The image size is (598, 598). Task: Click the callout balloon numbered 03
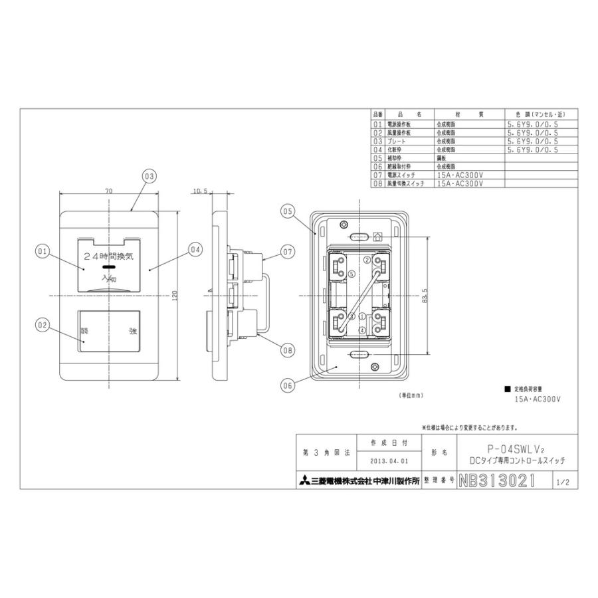(x=148, y=176)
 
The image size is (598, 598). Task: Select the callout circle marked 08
(x=287, y=349)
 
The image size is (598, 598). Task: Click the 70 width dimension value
(x=108, y=191)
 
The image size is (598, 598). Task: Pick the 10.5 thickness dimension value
(x=200, y=191)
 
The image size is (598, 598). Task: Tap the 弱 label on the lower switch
(x=84, y=330)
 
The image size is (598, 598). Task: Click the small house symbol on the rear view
(x=378, y=236)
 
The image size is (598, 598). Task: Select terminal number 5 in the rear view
(x=352, y=274)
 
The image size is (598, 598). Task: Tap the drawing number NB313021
(x=497, y=481)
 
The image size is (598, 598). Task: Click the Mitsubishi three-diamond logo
(x=303, y=482)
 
